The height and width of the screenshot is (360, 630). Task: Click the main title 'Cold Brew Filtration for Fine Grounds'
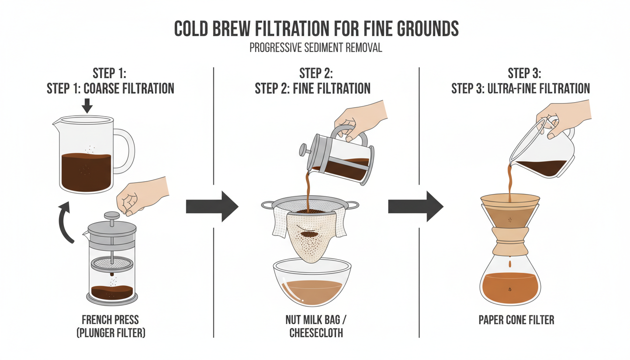point(316,29)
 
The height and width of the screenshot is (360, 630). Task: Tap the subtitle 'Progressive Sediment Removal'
point(315,48)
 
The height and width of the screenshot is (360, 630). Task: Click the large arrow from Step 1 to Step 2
point(212,206)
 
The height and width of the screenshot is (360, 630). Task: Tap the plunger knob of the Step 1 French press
point(112,216)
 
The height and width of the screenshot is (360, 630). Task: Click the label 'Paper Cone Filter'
point(516,320)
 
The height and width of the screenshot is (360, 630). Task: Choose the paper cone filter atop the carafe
point(509,211)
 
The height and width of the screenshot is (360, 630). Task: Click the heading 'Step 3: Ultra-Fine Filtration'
point(520,88)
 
